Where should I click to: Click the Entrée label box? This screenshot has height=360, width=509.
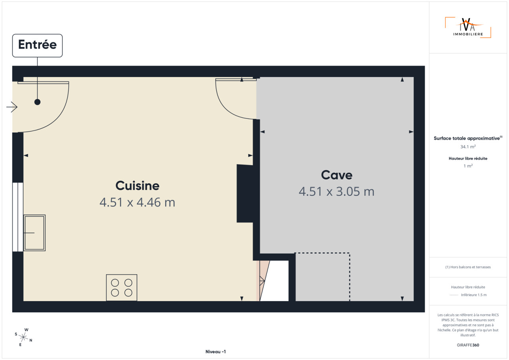(37, 45)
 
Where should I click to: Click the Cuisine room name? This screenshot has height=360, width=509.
(138, 186)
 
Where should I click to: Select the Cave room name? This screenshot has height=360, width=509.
(336, 175)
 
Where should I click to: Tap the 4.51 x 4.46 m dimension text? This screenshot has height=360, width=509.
(137, 202)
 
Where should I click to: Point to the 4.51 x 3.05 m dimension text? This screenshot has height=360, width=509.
(336, 192)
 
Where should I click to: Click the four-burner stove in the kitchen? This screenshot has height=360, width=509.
(122, 288)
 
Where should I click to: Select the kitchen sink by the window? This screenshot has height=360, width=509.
(34, 233)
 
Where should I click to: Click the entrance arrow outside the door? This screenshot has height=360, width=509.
(12, 107)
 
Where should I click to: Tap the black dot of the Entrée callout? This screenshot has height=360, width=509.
(37, 102)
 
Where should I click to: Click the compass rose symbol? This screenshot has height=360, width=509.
(23, 337)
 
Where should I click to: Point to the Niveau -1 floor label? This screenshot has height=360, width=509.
(216, 352)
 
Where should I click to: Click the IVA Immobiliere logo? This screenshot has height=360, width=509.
(468, 27)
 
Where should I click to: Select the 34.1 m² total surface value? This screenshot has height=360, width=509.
(468, 147)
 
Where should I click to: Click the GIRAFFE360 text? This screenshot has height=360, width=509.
(468, 345)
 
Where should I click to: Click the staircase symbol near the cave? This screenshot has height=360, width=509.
(264, 281)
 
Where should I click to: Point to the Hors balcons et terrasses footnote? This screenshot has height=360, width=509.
(468, 267)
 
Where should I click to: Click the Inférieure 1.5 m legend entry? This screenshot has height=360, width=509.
(474, 295)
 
